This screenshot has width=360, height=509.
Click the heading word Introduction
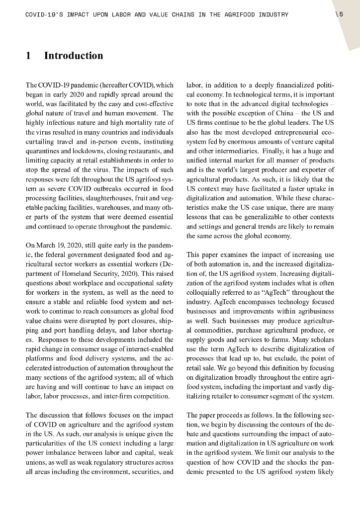[x=74, y=56]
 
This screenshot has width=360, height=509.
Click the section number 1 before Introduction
[x=29, y=56]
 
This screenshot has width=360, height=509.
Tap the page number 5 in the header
[x=342, y=14]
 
